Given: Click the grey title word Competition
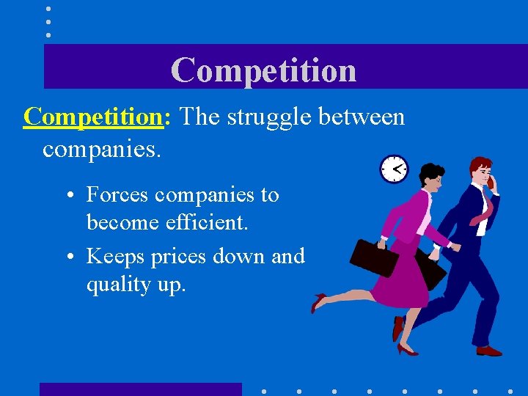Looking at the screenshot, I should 263,70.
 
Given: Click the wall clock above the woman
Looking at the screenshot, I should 394,169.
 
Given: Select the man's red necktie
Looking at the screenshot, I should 484,208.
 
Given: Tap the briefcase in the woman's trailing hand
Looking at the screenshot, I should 373,257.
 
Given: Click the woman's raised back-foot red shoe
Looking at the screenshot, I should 318,301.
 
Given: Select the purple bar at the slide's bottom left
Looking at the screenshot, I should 140,389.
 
